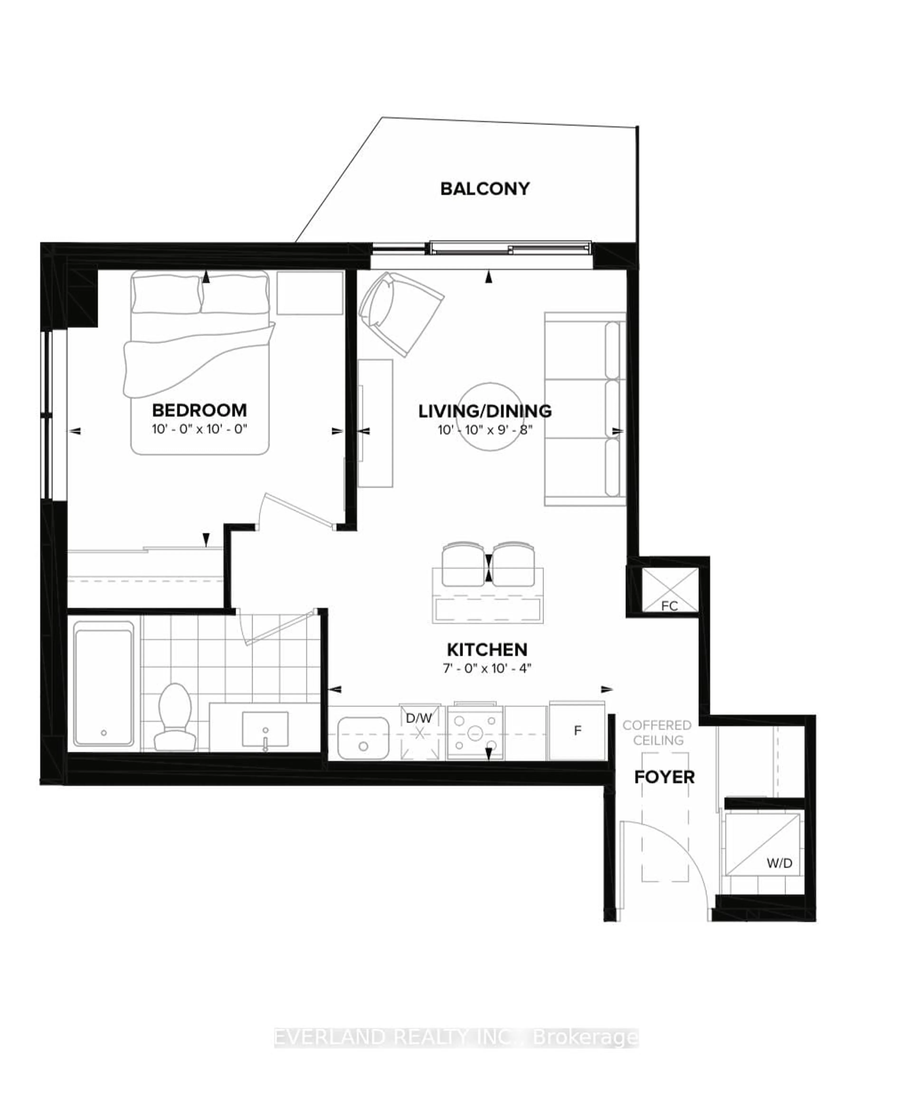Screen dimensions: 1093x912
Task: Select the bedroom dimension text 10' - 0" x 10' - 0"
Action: click(199, 430)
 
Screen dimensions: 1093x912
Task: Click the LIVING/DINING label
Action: click(485, 411)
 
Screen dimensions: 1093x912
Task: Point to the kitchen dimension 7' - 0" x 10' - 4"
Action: click(487, 668)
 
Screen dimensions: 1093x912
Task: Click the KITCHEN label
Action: click(487, 649)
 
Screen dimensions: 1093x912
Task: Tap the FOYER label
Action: click(664, 777)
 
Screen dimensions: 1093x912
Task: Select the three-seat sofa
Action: click(585, 409)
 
